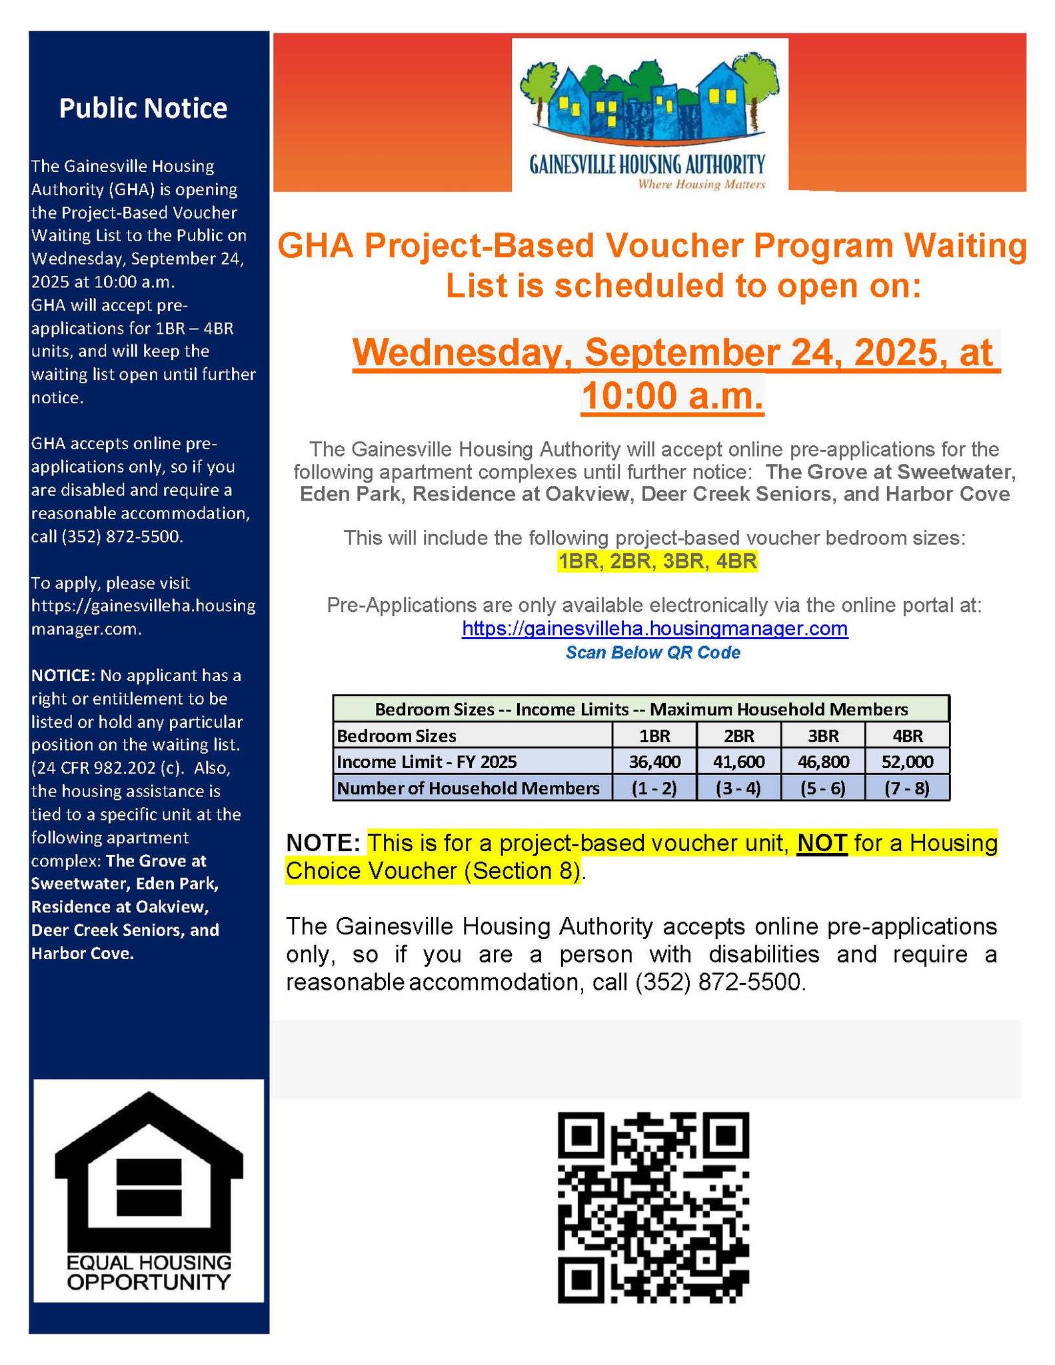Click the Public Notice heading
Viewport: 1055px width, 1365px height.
pos(143,108)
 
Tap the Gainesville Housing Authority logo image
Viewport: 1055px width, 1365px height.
pos(649,115)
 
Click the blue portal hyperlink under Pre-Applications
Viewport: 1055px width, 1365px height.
pos(654,629)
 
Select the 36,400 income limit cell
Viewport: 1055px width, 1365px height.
pos(654,761)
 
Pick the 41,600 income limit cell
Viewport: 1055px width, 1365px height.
pos(738,761)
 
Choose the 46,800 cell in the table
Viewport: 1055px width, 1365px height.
pos(822,761)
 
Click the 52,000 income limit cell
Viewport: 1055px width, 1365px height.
pos(907,761)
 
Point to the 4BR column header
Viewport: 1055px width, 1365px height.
pos(907,736)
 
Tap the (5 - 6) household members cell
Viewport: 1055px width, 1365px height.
pos(822,788)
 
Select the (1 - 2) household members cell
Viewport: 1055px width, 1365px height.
pos(654,788)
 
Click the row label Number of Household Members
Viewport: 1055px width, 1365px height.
pos(469,788)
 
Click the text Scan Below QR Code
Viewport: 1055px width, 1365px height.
pos(652,653)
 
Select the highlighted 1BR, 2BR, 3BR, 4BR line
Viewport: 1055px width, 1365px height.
pos(657,562)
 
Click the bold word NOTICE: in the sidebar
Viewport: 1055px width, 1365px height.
pos(63,675)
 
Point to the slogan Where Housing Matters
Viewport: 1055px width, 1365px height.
pos(701,184)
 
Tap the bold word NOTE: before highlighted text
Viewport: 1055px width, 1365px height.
pos(323,843)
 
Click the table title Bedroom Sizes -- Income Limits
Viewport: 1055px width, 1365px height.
pos(640,708)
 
